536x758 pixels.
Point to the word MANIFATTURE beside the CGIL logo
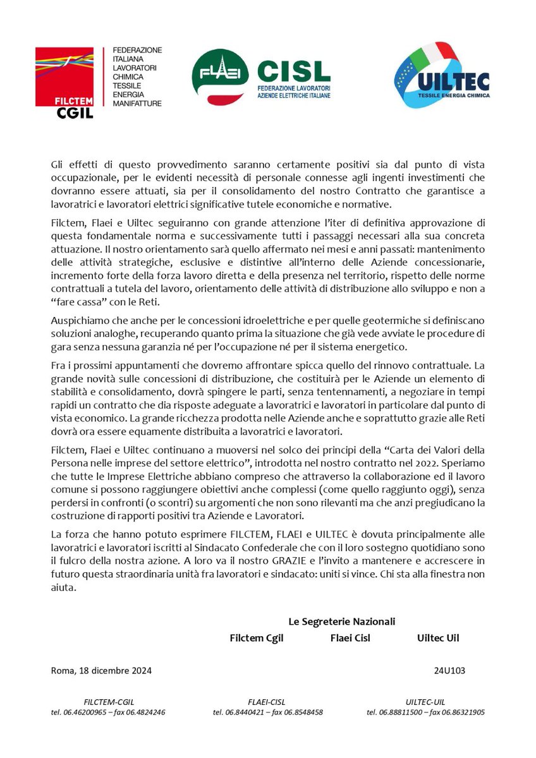click(x=137, y=103)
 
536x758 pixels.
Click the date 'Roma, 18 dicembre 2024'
click(x=101, y=671)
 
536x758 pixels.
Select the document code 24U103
click(x=449, y=671)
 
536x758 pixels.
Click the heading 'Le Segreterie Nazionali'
click(x=342, y=622)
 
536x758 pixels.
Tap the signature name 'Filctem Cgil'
click(x=257, y=638)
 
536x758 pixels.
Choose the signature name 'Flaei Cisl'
click(x=350, y=638)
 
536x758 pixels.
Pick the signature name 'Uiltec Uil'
click(x=438, y=638)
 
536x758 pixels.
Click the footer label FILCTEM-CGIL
click(x=109, y=702)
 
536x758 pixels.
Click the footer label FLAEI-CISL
click(x=268, y=702)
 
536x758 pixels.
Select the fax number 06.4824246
click(x=143, y=713)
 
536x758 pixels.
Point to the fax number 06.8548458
click(x=301, y=713)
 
